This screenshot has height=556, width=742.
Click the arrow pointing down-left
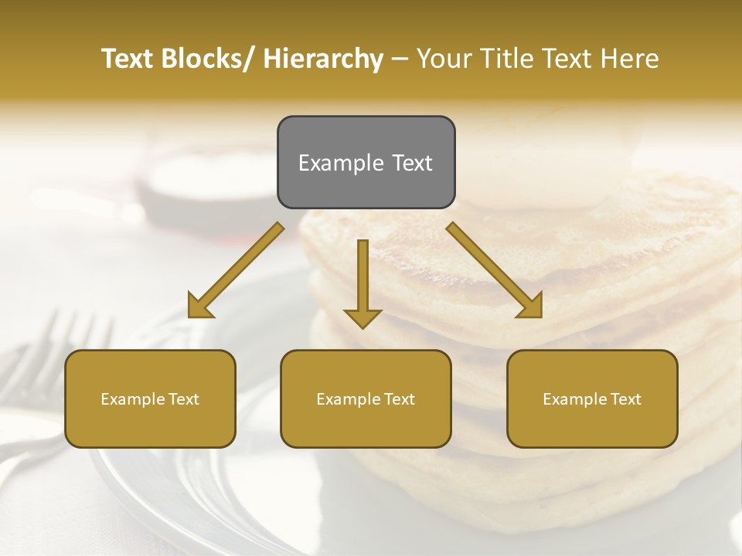pyautogui.click(x=236, y=270)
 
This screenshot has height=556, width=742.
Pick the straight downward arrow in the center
pyautogui.click(x=362, y=282)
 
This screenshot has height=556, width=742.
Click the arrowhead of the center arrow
pyautogui.click(x=362, y=317)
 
